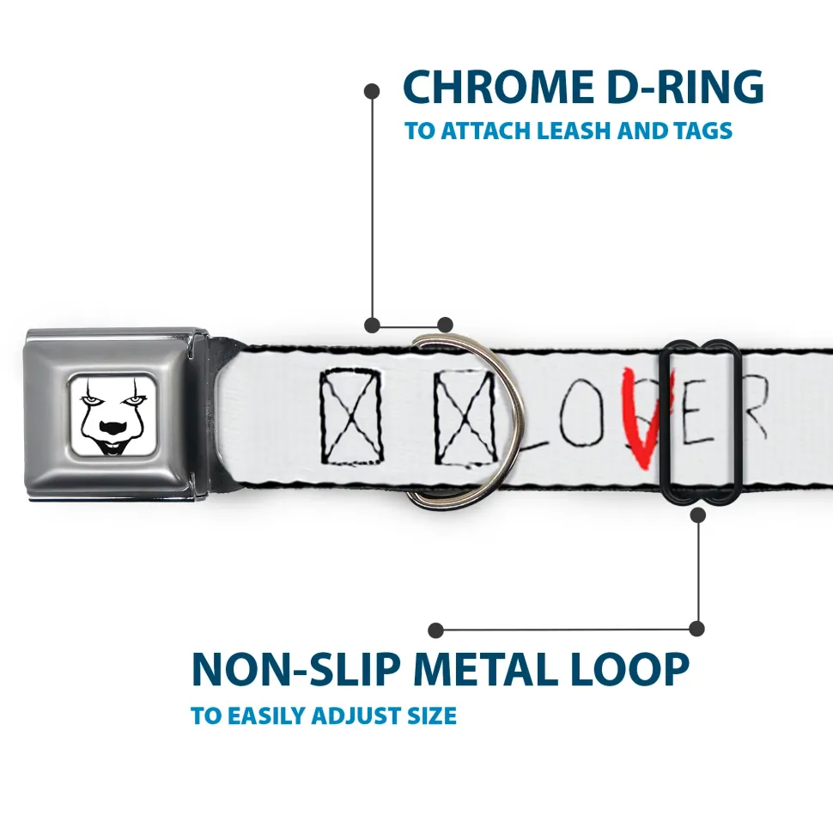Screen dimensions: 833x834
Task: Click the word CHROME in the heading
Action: pos(498,87)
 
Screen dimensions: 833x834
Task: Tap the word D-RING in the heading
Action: pos(685,87)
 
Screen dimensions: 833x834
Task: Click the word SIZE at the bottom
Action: pos(432,715)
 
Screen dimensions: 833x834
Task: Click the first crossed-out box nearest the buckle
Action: pos(351,416)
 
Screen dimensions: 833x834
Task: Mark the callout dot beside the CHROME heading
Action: pos(372,91)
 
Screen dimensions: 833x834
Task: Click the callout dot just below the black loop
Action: pos(697,514)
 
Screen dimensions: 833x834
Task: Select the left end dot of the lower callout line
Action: pos(435,630)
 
